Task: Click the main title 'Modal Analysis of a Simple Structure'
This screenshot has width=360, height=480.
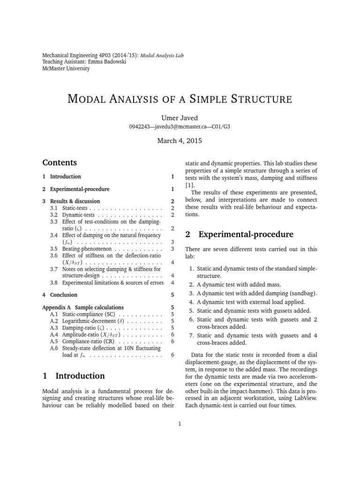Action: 180,99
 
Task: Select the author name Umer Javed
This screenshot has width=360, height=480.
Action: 180,118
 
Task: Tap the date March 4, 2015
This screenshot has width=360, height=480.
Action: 180,142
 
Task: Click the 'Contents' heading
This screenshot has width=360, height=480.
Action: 59,163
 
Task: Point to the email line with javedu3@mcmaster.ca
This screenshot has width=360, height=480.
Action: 180,127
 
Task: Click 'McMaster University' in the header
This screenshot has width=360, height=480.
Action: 66,68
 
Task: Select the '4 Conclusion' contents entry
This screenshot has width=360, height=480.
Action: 60,295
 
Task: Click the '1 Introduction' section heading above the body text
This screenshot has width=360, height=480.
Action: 74,376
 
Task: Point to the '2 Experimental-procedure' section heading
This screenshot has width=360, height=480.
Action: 240,234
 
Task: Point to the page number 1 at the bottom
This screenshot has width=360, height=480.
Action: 180,424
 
